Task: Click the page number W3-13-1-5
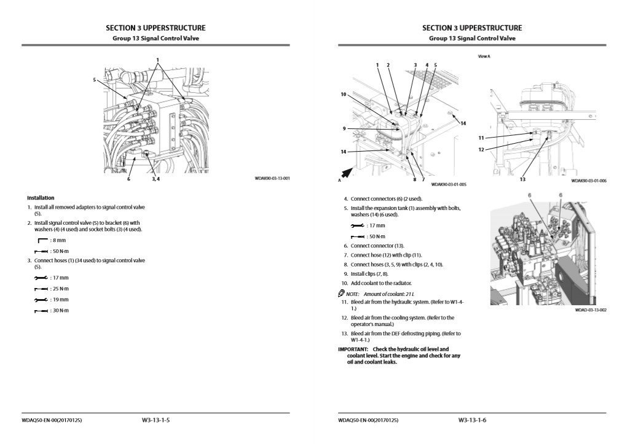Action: click(156, 420)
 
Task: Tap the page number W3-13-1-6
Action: click(472, 420)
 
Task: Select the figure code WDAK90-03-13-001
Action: click(272, 179)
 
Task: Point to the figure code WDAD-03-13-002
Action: click(591, 310)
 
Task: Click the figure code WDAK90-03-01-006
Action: click(589, 181)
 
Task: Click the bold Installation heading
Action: click(41, 198)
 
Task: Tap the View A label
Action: click(484, 56)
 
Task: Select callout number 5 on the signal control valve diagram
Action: click(95, 79)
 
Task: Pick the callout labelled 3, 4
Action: click(156, 179)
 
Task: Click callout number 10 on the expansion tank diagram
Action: click(344, 94)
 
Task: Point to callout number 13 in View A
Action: click(522, 179)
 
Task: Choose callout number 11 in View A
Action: click(481, 138)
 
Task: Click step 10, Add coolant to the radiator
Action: click(376, 283)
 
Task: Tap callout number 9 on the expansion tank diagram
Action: click(344, 129)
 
